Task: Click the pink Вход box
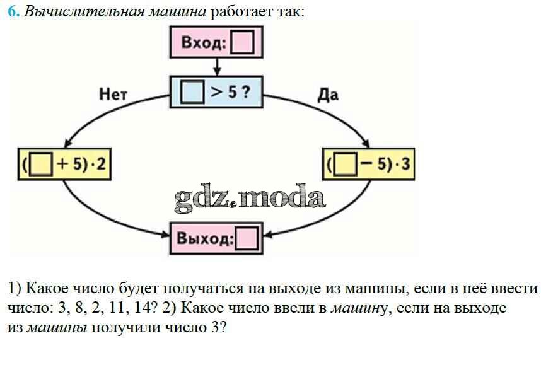[216, 43]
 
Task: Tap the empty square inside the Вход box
[242, 43]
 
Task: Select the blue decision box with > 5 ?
[216, 93]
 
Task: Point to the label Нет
[113, 95]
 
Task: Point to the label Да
[328, 95]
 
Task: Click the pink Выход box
[216, 239]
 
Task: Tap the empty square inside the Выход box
[246, 240]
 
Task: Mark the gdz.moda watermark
[250, 197]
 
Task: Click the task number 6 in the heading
[13, 13]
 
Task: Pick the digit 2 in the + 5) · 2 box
[100, 165]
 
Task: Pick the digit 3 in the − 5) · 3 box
[406, 165]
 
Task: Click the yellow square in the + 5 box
[41, 165]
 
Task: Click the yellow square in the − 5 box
[346, 165]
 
